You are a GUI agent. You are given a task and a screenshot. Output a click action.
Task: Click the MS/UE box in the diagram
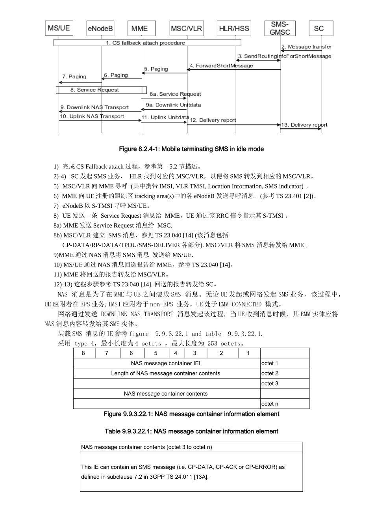click(59, 28)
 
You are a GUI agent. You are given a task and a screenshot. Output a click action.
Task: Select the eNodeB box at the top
click(100, 28)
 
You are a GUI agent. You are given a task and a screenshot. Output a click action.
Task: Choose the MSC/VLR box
click(186, 28)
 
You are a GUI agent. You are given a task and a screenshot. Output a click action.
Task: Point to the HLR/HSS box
click(234, 28)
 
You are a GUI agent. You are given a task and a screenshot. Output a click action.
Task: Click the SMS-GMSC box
click(280, 28)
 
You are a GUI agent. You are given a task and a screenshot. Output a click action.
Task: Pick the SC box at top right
click(321, 28)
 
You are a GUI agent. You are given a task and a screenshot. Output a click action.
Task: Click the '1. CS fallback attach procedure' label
click(145, 43)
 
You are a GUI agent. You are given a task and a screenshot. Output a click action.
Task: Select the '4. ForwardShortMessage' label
click(221, 66)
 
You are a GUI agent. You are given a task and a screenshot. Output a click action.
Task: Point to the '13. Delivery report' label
click(304, 125)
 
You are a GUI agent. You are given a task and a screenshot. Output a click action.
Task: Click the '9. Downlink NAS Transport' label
click(94, 107)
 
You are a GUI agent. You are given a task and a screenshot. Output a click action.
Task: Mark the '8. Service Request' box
click(101, 90)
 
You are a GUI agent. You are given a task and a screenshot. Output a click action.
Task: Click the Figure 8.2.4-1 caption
click(191, 149)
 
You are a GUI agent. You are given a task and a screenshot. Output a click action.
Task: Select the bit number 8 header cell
click(83, 353)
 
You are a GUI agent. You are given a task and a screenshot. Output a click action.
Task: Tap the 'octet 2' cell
click(270, 373)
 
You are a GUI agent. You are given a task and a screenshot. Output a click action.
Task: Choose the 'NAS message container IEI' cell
click(166, 363)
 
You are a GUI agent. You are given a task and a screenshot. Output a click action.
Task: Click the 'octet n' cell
click(270, 404)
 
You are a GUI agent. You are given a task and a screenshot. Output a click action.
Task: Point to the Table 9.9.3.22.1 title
click(191, 431)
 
